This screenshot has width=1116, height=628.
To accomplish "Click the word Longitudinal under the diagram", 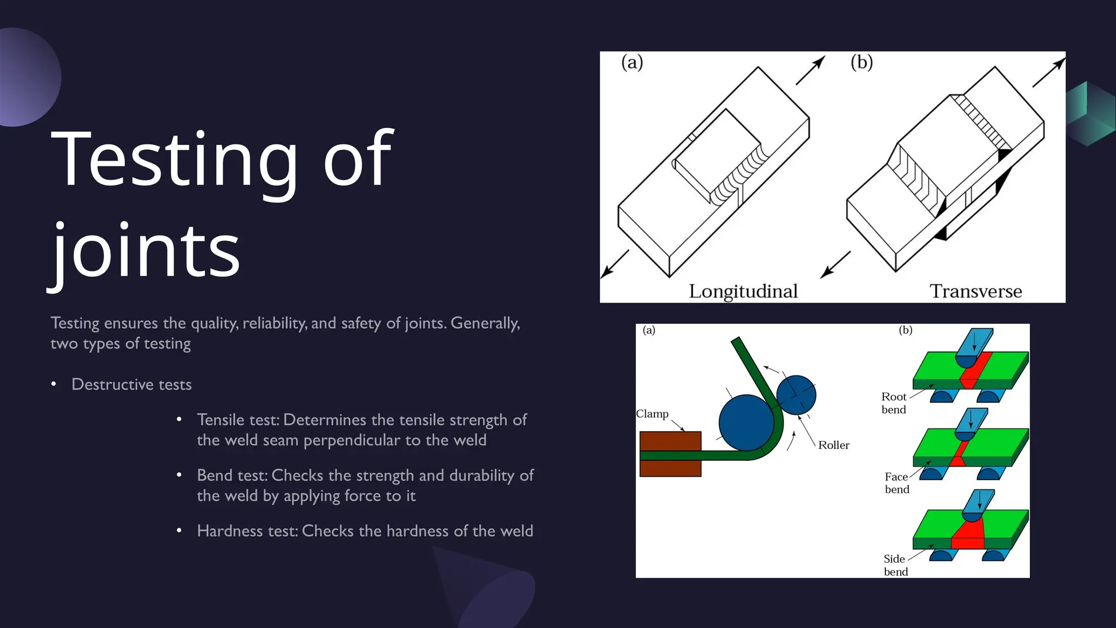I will pos(743,291).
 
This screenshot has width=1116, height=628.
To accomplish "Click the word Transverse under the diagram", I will pos(975,291).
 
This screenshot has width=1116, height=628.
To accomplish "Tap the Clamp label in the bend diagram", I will pos(652,414).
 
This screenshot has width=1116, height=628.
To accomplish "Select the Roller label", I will pos(834,445).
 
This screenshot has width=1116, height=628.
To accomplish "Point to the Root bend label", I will pos(894,403).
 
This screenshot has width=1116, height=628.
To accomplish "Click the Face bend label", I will pos(896,483).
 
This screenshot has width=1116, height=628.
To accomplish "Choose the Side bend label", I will pos(895,565).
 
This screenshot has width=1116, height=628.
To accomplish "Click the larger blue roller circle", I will pos(746,423).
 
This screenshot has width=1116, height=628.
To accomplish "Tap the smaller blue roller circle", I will pos(796,395).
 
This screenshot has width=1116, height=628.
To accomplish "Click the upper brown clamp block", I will pos(670,440).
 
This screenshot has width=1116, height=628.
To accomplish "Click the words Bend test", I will pos(232,475).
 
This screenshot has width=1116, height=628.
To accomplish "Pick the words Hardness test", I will pos(247,531).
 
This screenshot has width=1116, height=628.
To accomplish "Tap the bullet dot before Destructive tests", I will pos(53,384).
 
